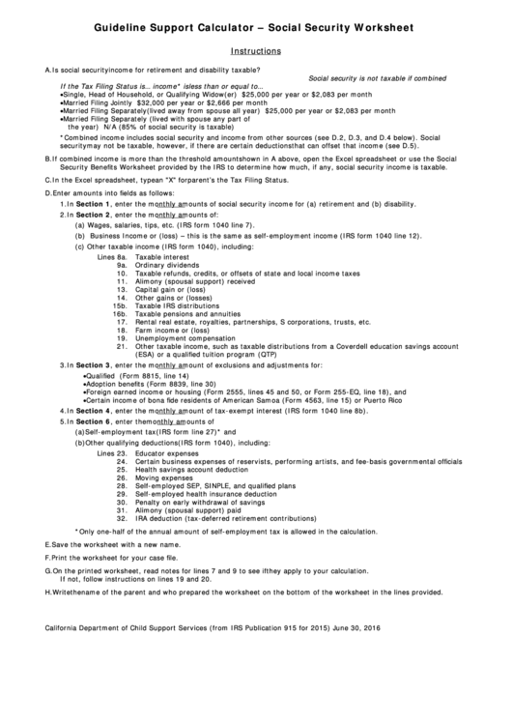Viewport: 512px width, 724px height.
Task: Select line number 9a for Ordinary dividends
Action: [x=123, y=265]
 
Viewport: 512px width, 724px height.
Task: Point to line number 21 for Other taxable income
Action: [x=123, y=346]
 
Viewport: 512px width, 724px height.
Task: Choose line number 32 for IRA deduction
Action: [x=123, y=518]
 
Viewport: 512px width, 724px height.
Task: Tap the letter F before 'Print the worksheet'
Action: [x=48, y=558]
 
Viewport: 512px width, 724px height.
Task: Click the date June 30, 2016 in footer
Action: [x=360, y=628]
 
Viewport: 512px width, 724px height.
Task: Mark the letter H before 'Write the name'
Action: [x=48, y=593]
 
